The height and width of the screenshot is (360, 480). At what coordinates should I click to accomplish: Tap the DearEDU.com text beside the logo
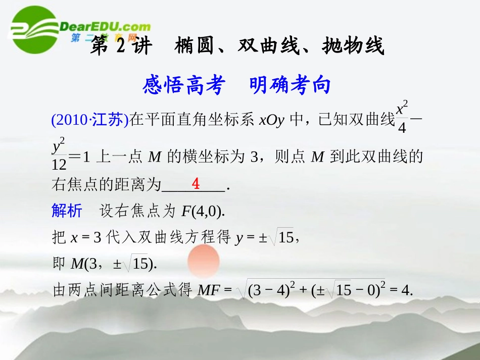point(105,27)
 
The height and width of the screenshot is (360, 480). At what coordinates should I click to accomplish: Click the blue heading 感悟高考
point(183,85)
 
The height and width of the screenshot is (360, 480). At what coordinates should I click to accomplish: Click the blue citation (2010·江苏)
point(89,120)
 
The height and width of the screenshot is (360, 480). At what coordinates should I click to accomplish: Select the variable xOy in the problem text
point(271,120)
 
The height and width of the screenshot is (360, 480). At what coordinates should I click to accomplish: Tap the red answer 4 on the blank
point(196,183)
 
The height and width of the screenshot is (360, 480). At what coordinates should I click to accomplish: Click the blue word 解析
point(67,211)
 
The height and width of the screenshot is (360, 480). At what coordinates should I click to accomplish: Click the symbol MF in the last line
point(208,290)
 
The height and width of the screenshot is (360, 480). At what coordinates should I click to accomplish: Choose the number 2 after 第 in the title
point(120,46)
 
